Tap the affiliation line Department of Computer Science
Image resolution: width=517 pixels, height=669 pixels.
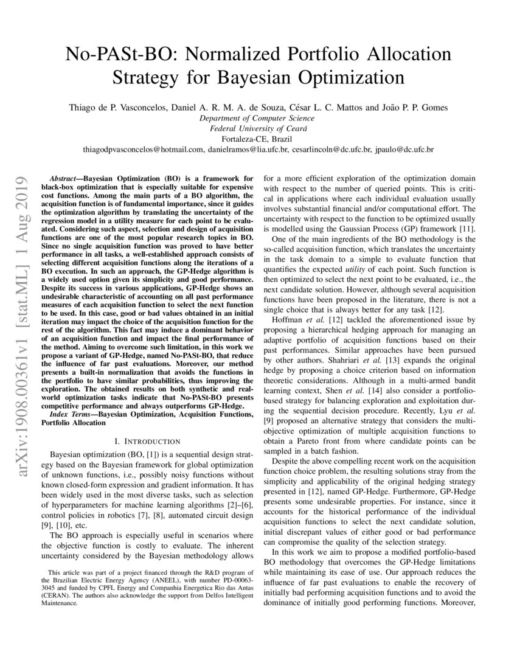coord(258,118)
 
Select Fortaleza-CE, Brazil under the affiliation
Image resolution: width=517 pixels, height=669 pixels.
coord(258,139)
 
